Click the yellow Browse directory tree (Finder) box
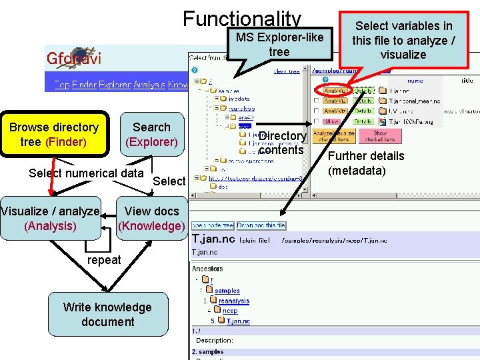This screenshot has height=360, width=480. pyautogui.click(x=54, y=134)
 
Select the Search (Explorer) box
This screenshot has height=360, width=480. pyautogui.click(x=151, y=134)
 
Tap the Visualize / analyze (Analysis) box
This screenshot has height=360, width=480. pyautogui.click(x=50, y=218)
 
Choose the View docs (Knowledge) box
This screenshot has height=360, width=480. pyautogui.click(x=151, y=218)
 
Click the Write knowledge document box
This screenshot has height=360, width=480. pyautogui.click(x=107, y=314)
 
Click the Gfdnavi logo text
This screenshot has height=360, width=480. pyautogui.click(x=74, y=58)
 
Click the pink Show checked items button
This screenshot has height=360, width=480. pyautogui.click(x=375, y=135)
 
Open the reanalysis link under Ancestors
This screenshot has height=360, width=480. pyautogui.click(x=233, y=301)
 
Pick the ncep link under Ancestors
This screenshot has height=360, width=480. pyautogui.click(x=229, y=311)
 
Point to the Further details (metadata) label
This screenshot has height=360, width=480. pyautogui.click(x=366, y=163)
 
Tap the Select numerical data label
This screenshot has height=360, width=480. pyautogui.click(x=86, y=173)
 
